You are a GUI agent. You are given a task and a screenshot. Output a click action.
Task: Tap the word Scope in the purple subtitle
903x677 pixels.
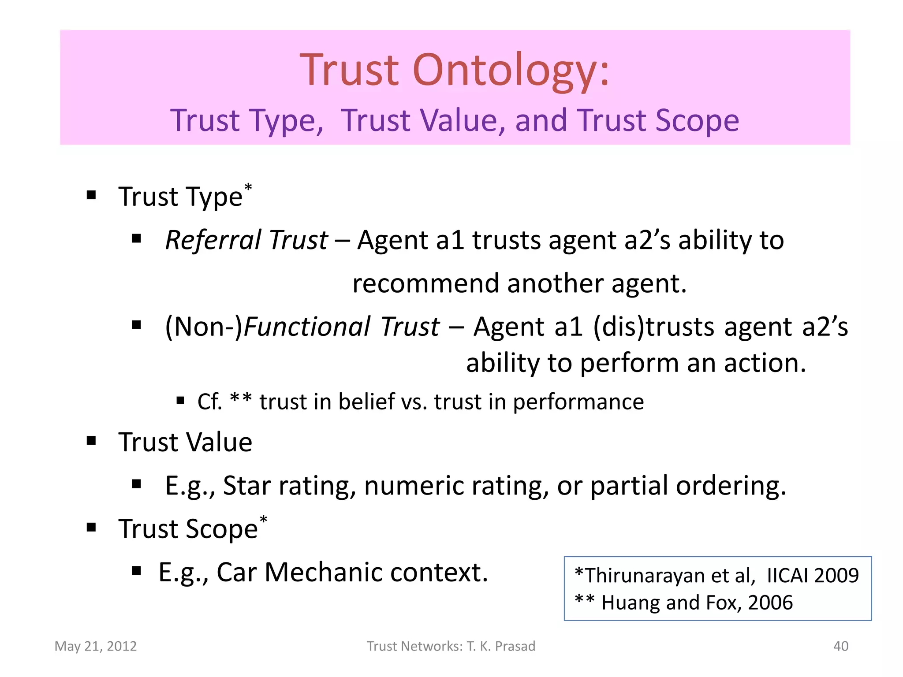click(x=697, y=120)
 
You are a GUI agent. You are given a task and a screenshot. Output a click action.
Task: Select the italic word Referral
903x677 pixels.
click(x=213, y=240)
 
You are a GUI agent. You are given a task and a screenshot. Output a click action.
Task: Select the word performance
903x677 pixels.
click(x=578, y=402)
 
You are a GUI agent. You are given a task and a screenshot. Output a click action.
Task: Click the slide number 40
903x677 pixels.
click(x=840, y=646)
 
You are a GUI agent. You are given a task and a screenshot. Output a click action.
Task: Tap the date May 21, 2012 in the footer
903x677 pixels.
click(x=96, y=646)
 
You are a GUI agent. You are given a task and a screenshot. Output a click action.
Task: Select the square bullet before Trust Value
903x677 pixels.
click(x=91, y=440)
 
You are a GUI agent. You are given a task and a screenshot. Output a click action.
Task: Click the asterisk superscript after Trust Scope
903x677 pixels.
click(x=263, y=520)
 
